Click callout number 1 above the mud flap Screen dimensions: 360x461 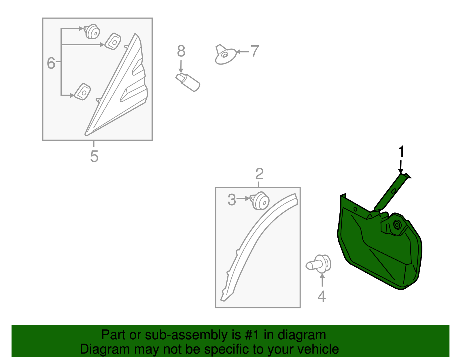(x=401, y=152)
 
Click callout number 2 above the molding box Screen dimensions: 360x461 (x=259, y=174)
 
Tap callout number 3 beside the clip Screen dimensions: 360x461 (x=232, y=200)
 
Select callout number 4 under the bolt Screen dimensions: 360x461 (x=322, y=296)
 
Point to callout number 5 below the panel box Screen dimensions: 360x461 (x=94, y=157)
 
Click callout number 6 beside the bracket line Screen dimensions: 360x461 (x=51, y=63)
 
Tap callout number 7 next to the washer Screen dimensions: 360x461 (x=255, y=52)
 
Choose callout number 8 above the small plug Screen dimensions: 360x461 (x=181, y=51)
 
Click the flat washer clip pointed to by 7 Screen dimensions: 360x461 (x=225, y=55)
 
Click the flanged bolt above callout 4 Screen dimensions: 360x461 (x=319, y=263)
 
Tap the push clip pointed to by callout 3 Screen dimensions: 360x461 (x=260, y=201)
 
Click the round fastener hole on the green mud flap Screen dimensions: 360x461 (x=397, y=225)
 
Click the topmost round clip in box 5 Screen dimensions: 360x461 (x=92, y=32)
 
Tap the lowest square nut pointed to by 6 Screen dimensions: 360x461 (x=82, y=92)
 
